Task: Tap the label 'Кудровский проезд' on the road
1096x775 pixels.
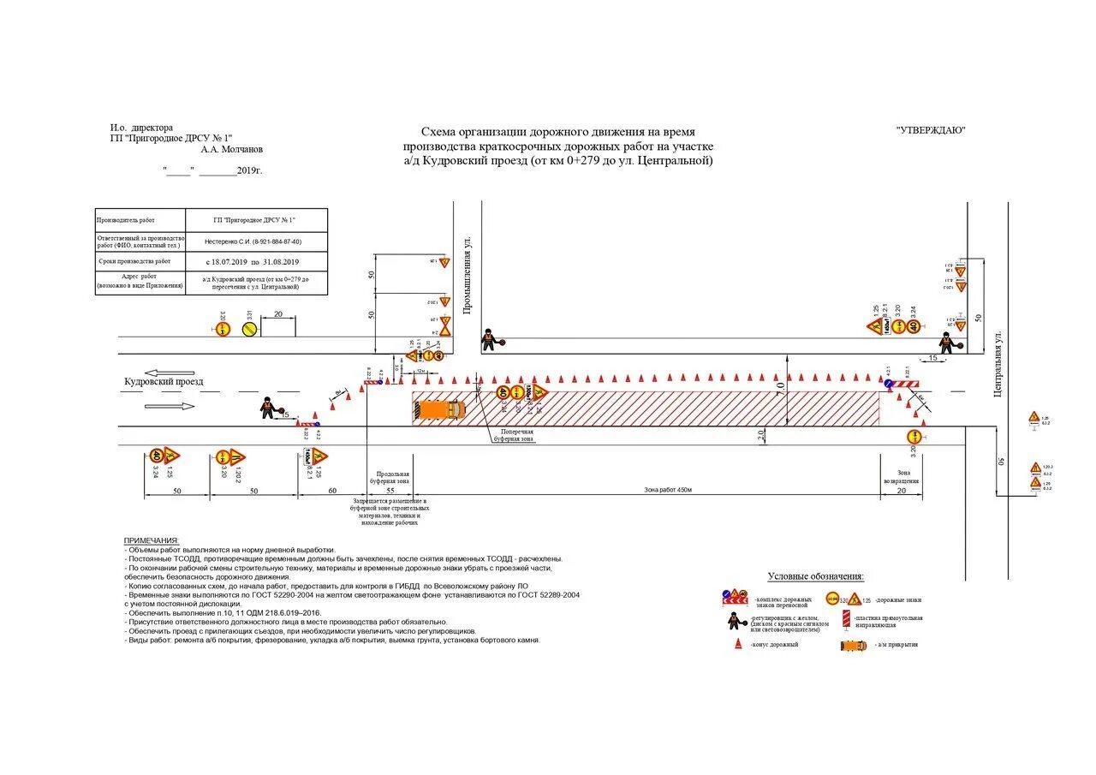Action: [164, 382]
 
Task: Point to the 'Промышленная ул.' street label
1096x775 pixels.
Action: [468, 276]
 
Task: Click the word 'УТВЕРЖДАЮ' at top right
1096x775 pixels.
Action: [931, 130]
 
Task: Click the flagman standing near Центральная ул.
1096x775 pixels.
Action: [945, 343]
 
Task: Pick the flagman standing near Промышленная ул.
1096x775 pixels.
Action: [488, 340]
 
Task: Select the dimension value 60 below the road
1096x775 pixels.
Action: [333, 491]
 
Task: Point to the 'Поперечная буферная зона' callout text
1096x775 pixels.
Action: [517, 436]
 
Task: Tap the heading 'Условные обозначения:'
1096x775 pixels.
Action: [816, 577]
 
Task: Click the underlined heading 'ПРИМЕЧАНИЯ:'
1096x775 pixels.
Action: [152, 541]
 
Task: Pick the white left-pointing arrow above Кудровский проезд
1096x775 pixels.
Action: [164, 373]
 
